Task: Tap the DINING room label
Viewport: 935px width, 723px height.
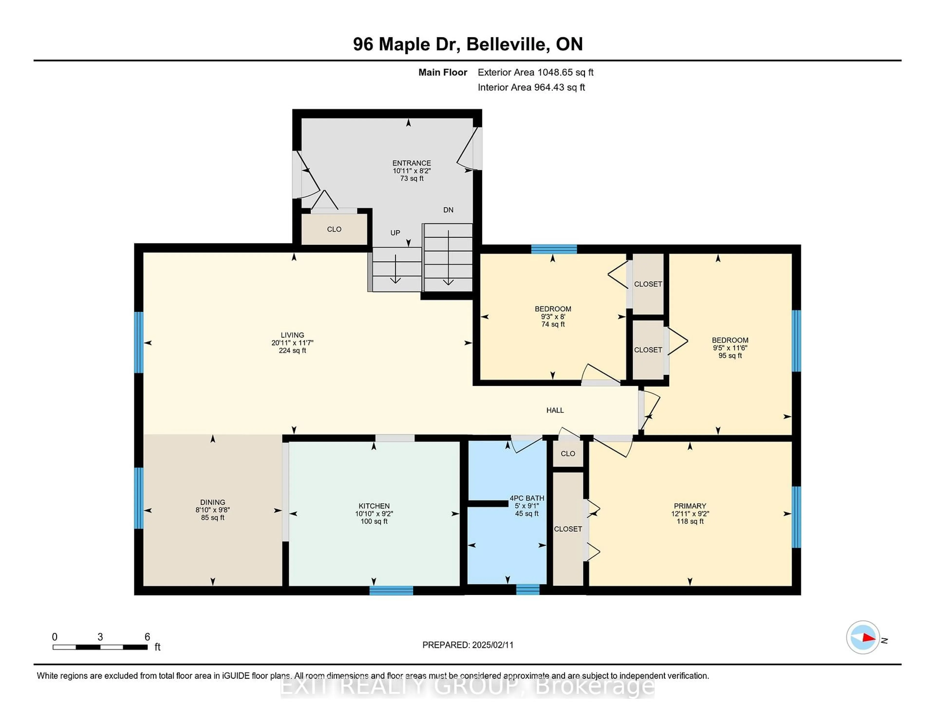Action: [213, 502]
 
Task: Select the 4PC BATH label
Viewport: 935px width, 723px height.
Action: [527, 498]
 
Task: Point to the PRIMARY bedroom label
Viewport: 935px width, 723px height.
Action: [690, 506]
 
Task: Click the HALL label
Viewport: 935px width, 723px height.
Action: [555, 410]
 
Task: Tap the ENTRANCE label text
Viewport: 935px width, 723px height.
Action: [412, 163]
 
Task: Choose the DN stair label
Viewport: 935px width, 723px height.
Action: [448, 210]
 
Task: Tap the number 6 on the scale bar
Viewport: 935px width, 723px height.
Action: [147, 637]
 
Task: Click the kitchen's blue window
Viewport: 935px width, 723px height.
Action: [391, 591]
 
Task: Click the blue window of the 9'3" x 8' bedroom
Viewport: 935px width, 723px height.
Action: [554, 249]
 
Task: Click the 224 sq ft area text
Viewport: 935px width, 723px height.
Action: [292, 350]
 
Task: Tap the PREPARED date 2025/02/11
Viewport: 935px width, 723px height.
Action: [492, 645]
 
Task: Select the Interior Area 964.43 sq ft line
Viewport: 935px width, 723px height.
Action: [531, 87]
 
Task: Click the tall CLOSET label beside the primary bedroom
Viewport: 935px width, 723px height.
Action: [568, 529]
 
